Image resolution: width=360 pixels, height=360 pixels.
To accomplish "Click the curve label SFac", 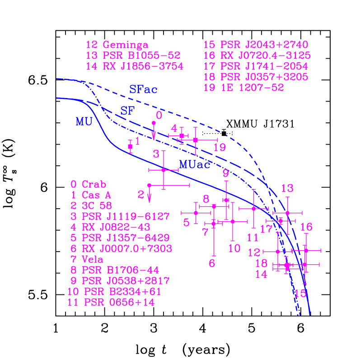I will point(143,90).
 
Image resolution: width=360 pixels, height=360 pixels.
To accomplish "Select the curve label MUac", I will point(195,165).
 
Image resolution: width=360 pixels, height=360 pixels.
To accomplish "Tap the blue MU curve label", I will point(84,122).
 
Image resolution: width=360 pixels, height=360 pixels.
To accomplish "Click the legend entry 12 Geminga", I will point(117,45).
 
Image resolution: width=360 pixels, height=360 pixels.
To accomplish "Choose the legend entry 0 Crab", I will point(89,184).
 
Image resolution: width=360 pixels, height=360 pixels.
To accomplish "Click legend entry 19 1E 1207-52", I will point(244,88).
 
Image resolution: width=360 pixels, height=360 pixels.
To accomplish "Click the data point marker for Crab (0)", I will point(154,123).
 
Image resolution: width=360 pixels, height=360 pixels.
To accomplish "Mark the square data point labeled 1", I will point(130,146).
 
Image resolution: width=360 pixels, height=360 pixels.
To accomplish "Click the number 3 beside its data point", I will point(156,154).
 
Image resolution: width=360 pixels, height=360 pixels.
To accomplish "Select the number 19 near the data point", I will point(220,148).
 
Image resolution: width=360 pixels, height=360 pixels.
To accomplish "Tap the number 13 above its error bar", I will point(287,188).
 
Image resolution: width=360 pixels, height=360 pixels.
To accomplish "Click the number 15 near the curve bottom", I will point(300,294).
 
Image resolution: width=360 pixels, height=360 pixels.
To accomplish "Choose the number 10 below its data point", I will point(234,248).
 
